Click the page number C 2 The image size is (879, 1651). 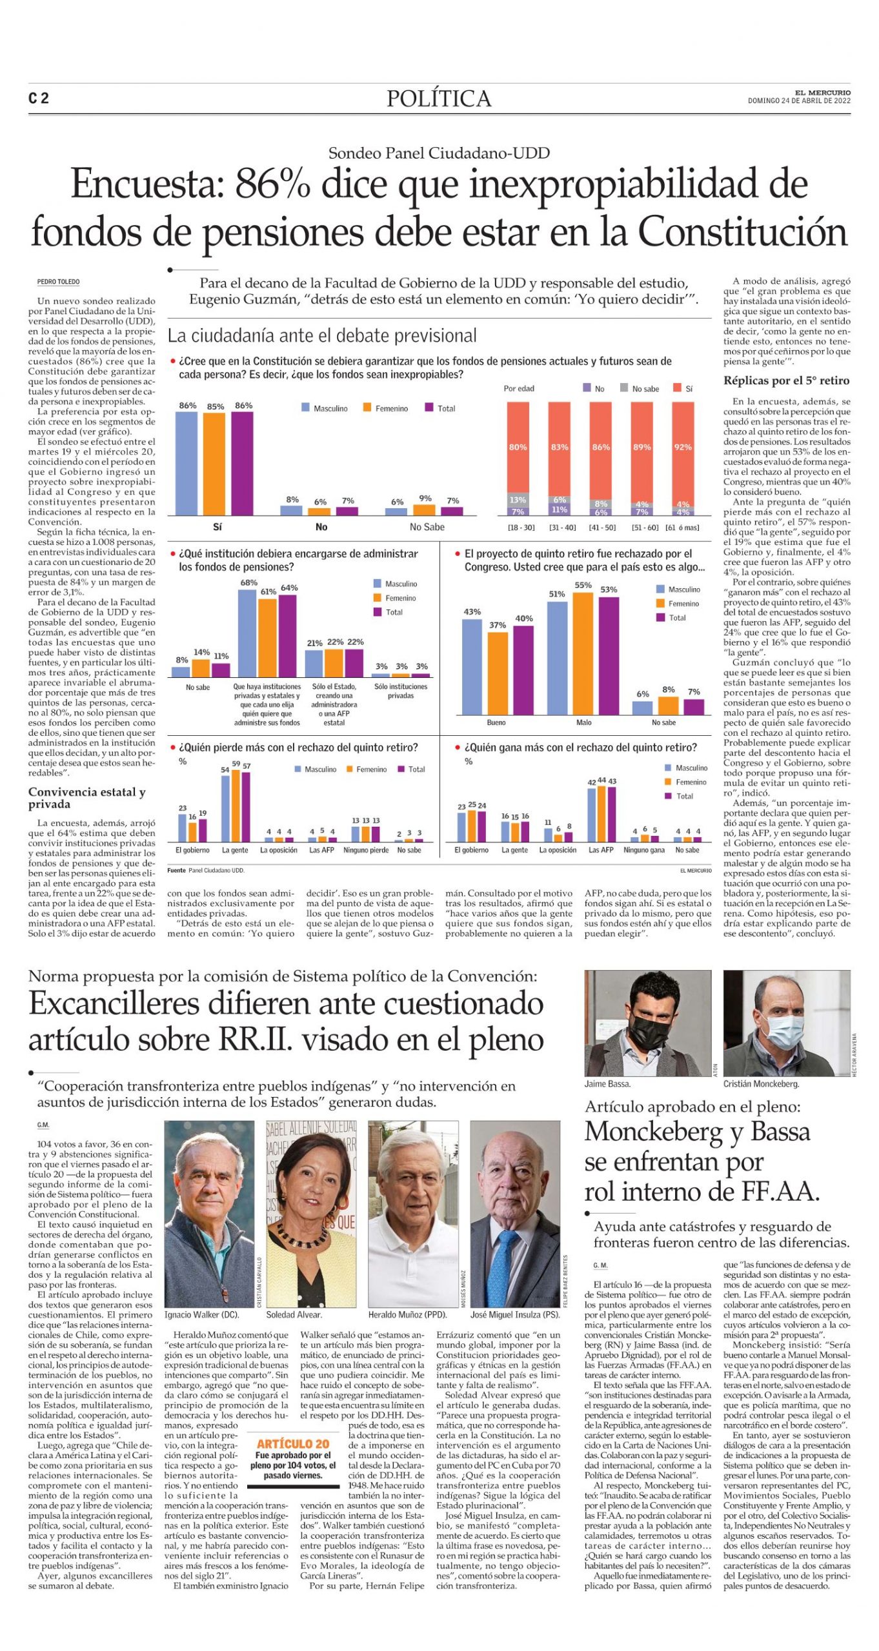[39, 98]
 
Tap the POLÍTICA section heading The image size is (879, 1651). [439, 99]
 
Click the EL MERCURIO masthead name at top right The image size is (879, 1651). [822, 93]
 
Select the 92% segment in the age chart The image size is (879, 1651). [683, 447]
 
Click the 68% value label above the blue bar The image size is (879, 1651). [248, 582]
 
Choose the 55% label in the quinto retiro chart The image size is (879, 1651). [583, 585]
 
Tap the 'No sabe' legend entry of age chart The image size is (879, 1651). [645, 389]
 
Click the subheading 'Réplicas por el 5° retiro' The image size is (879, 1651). [786, 381]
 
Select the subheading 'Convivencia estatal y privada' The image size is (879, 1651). [86, 798]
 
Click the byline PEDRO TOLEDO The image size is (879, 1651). [59, 282]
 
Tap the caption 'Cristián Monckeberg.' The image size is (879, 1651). [761, 1084]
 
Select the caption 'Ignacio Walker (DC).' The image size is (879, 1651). [201, 1314]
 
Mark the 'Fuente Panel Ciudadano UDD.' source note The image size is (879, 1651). [205, 871]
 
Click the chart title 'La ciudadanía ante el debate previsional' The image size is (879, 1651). [321, 335]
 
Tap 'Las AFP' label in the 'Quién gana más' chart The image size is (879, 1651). [600, 850]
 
